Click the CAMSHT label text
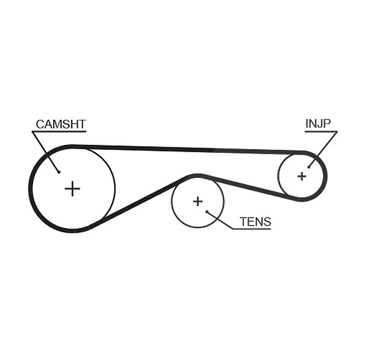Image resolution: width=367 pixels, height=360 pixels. click(61, 124)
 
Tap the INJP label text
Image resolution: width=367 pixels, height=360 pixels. click(318, 123)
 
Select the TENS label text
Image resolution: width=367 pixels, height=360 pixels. click(255, 221)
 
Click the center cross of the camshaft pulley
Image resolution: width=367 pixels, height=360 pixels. click(73, 188)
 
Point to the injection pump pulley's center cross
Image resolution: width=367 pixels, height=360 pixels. click(302, 176)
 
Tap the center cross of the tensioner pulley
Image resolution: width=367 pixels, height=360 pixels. click(198, 202)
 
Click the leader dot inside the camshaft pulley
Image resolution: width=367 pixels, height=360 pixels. click(59, 172)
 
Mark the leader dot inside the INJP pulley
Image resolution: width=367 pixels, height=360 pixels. click(309, 167)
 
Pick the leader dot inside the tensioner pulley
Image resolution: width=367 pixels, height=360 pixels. click(207, 211)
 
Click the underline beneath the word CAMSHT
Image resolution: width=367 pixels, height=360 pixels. click(59, 132)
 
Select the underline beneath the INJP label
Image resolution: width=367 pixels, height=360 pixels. click(321, 132)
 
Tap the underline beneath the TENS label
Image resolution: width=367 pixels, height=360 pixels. click(251, 229)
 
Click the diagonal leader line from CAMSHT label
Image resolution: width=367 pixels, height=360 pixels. click(46, 152)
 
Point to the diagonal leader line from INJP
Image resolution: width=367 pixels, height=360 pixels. click(323, 150)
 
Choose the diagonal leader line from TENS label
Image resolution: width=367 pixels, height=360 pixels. click(220, 220)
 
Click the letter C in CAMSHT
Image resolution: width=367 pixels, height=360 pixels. click(40, 124)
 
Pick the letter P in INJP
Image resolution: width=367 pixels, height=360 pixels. click(327, 123)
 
